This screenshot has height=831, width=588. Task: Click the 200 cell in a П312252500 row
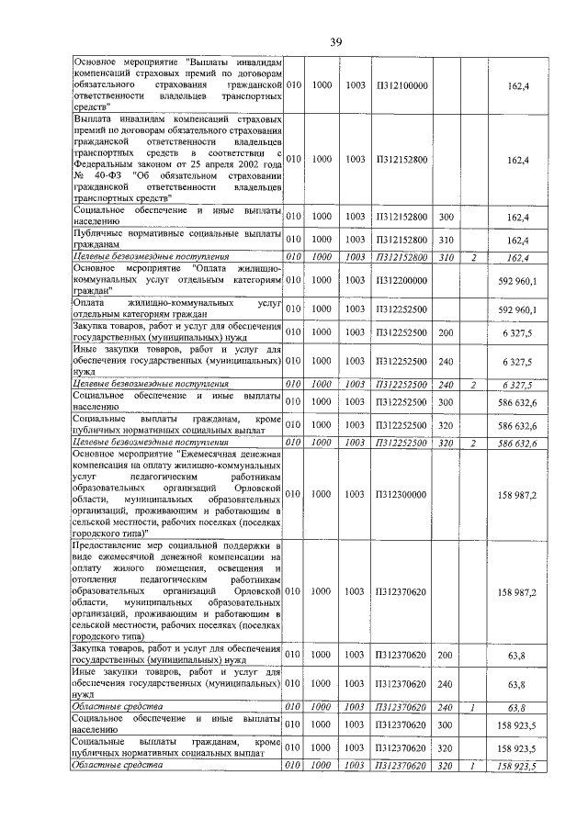click(x=447, y=331)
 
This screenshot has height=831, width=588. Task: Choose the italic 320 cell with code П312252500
click(x=447, y=443)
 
